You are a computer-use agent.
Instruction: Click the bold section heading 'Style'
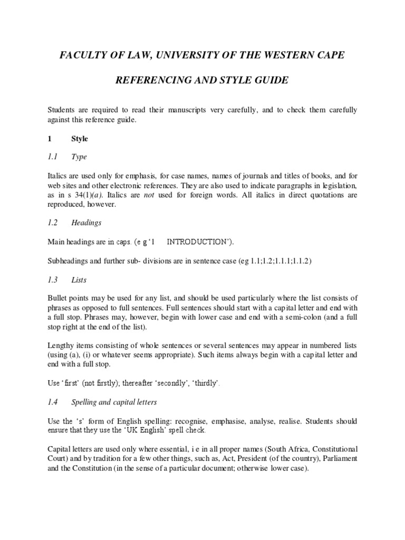tap(80, 139)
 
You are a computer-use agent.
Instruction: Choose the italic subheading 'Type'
tap(79, 157)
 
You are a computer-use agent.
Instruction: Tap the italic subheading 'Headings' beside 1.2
tap(86, 223)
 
